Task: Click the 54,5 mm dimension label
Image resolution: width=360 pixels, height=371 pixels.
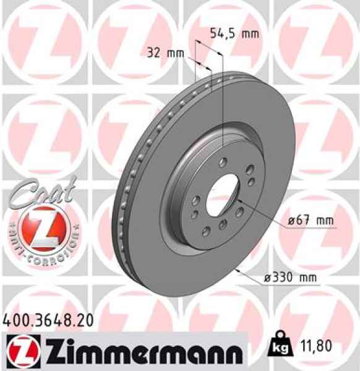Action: point(237,33)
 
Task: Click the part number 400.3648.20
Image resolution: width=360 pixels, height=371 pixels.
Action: point(49,320)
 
